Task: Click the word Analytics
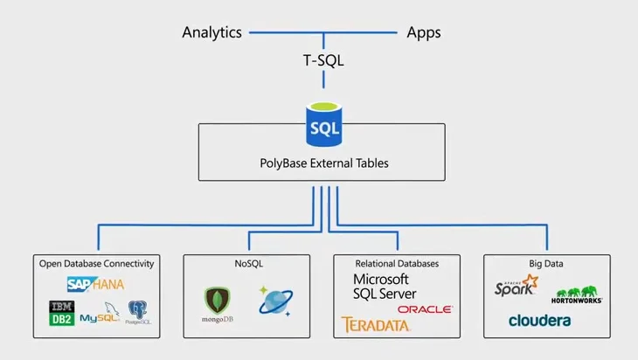212,33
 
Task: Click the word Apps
424,33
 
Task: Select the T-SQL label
324,60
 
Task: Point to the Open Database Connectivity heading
97,263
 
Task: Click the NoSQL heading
247,263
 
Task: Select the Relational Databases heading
398,263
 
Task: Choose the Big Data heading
547,263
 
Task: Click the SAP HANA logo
96,284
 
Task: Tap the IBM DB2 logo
61,313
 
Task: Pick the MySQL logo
99,315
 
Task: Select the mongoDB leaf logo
216,306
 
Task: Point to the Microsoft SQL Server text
384,287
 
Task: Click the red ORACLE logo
425,309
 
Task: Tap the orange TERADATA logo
376,325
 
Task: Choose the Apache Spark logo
517,287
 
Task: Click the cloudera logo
539,320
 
